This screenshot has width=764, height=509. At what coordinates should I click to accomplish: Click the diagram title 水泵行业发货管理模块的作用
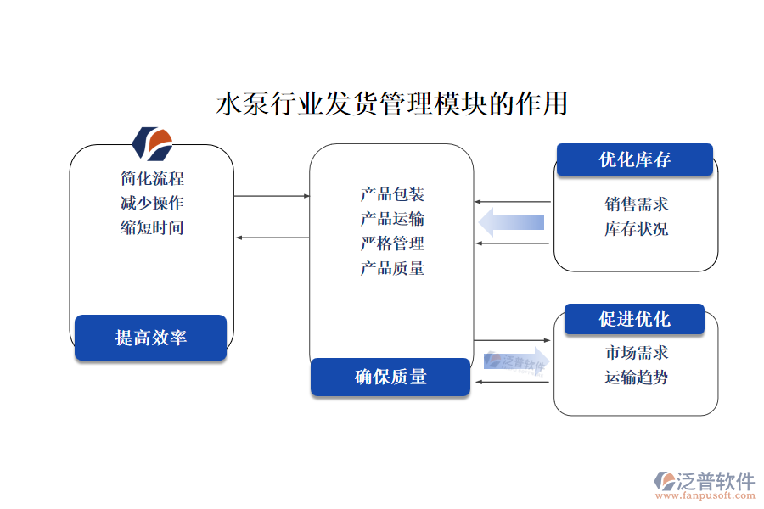pyautogui.click(x=392, y=104)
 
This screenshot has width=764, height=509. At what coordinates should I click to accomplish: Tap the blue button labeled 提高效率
pyautogui.click(x=150, y=338)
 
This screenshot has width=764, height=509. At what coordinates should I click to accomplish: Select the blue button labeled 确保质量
pyautogui.click(x=390, y=377)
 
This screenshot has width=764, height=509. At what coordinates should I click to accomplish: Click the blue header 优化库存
pyautogui.click(x=634, y=159)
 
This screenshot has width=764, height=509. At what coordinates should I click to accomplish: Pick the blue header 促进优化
pyautogui.click(x=634, y=319)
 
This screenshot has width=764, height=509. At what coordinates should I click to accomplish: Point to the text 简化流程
pyautogui.click(x=152, y=179)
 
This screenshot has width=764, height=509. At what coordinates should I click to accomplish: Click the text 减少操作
pyautogui.click(x=152, y=204)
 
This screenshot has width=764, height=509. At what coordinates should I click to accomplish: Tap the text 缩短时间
pyautogui.click(x=152, y=227)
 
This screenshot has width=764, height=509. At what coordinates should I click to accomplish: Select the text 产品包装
pyautogui.click(x=391, y=195)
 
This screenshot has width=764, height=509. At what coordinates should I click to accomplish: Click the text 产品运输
pyautogui.click(x=391, y=220)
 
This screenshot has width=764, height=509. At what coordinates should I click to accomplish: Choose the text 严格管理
pyautogui.click(x=391, y=244)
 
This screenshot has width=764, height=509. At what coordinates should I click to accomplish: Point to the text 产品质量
pyautogui.click(x=391, y=269)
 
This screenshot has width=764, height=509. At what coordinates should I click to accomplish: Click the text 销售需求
pyautogui.click(x=636, y=204)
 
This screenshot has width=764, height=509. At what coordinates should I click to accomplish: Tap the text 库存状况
pyautogui.click(x=636, y=229)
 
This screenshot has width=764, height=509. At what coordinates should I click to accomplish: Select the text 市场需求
pyautogui.click(x=636, y=353)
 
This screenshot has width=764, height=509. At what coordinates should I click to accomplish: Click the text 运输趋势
pyautogui.click(x=636, y=378)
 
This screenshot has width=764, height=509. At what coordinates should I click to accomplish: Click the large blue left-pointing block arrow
pyautogui.click(x=511, y=223)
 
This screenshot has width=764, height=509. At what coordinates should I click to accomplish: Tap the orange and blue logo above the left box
pyautogui.click(x=154, y=143)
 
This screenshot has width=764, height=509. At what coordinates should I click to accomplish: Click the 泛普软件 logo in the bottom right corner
pyautogui.click(x=704, y=484)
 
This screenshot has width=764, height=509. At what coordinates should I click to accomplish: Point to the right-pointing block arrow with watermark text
pyautogui.click(x=516, y=361)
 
